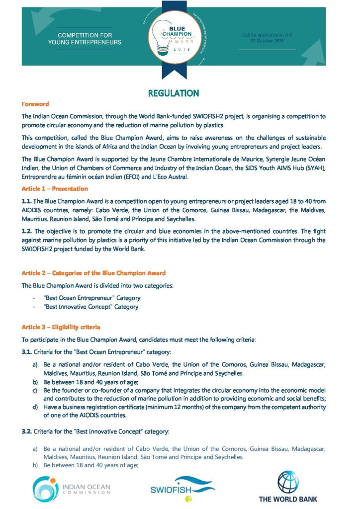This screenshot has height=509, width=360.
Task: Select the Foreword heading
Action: (35, 104)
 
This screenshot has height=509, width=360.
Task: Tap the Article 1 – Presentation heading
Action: (55, 189)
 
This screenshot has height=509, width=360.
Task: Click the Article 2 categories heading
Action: (93, 273)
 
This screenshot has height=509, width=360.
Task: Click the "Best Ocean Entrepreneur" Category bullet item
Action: (92, 298)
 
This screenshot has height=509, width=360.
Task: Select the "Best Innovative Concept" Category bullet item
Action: (91, 307)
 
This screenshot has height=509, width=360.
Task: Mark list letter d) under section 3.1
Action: (35, 407)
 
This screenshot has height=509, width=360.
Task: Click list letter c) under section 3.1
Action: (35, 391)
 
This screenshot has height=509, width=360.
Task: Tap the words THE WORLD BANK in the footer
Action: (287, 499)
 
